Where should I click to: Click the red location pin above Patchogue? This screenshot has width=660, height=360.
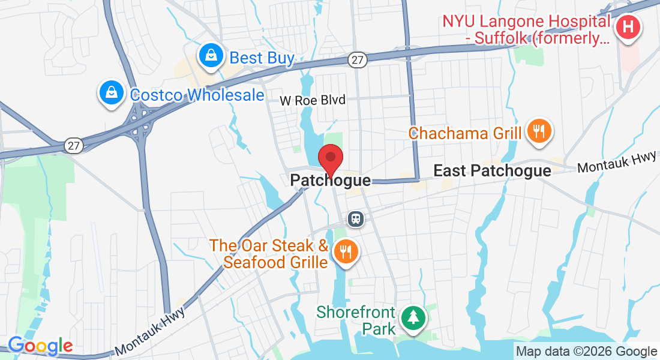(330, 159)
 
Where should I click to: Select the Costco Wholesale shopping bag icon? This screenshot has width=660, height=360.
(112, 93)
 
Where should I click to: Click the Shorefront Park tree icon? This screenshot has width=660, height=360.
(413, 317)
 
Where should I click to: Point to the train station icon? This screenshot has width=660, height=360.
(356, 218)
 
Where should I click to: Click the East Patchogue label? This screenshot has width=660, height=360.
(492, 171)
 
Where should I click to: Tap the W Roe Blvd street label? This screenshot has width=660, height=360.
(313, 100)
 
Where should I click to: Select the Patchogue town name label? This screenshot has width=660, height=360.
(330, 180)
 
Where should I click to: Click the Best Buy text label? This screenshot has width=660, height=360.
(262, 58)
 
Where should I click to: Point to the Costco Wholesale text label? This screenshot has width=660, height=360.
(197, 95)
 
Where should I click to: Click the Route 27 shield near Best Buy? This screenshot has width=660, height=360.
(356, 59)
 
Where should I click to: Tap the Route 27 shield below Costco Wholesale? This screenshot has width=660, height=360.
(73, 146)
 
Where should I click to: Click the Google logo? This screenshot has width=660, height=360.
(40, 346)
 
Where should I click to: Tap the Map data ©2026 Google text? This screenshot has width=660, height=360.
(587, 352)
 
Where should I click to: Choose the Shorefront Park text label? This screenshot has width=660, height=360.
(356, 320)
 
